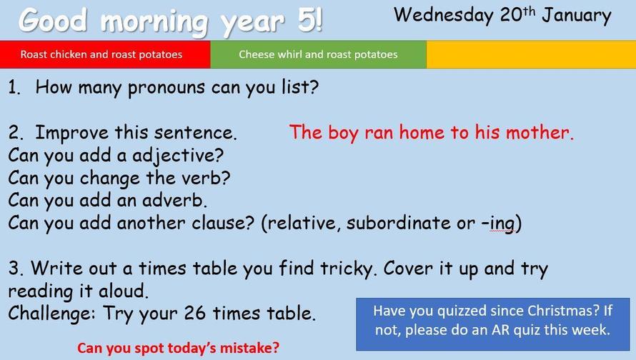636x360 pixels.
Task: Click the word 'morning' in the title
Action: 154,22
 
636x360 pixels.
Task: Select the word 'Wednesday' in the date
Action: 443,16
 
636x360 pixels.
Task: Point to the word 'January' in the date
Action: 577,16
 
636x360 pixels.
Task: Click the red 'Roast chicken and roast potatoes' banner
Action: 105,54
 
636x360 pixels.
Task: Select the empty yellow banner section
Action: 531,54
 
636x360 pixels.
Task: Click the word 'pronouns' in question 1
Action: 167,89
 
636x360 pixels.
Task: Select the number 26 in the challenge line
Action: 194,314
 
